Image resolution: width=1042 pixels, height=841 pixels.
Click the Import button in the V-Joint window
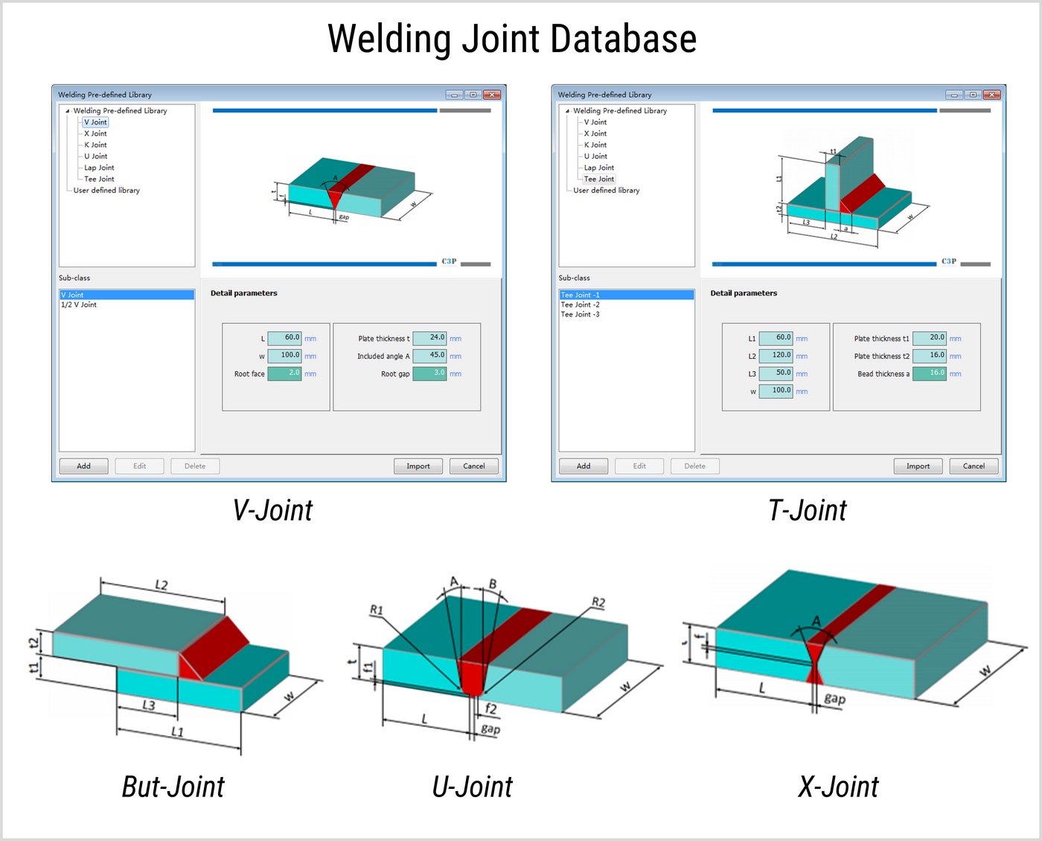[x=418, y=466]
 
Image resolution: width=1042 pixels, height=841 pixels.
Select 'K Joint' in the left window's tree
[x=95, y=145]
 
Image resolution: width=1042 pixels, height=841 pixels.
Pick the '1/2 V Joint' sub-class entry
[x=79, y=305]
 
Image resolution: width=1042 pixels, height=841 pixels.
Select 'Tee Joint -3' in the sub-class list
[x=580, y=315]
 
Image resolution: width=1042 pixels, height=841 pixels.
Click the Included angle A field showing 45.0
[x=429, y=356]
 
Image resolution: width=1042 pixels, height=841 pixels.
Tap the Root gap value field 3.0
[x=429, y=374]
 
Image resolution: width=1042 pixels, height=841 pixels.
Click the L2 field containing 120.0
[x=776, y=356]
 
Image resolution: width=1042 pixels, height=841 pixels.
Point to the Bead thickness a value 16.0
[x=930, y=374]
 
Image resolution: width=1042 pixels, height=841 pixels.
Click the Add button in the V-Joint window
[x=83, y=466]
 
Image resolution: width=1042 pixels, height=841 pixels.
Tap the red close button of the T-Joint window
[x=991, y=95]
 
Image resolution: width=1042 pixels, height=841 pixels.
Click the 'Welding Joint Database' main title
[x=512, y=39]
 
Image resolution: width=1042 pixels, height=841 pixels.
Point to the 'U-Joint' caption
[x=472, y=787]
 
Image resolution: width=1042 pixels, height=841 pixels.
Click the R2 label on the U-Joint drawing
[x=598, y=602]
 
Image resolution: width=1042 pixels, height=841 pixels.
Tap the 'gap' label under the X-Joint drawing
[x=834, y=698]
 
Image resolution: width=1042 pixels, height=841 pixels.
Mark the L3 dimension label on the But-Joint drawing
[x=149, y=705]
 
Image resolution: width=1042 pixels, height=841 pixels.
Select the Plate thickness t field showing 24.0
[x=429, y=338]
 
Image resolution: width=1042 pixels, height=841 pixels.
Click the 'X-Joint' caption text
[x=838, y=787]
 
